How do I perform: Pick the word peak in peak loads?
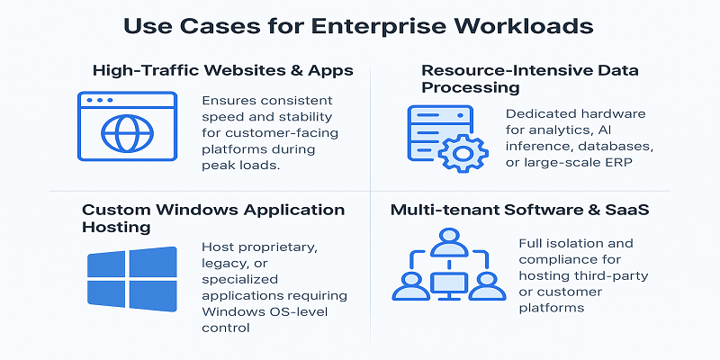click(220, 166)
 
